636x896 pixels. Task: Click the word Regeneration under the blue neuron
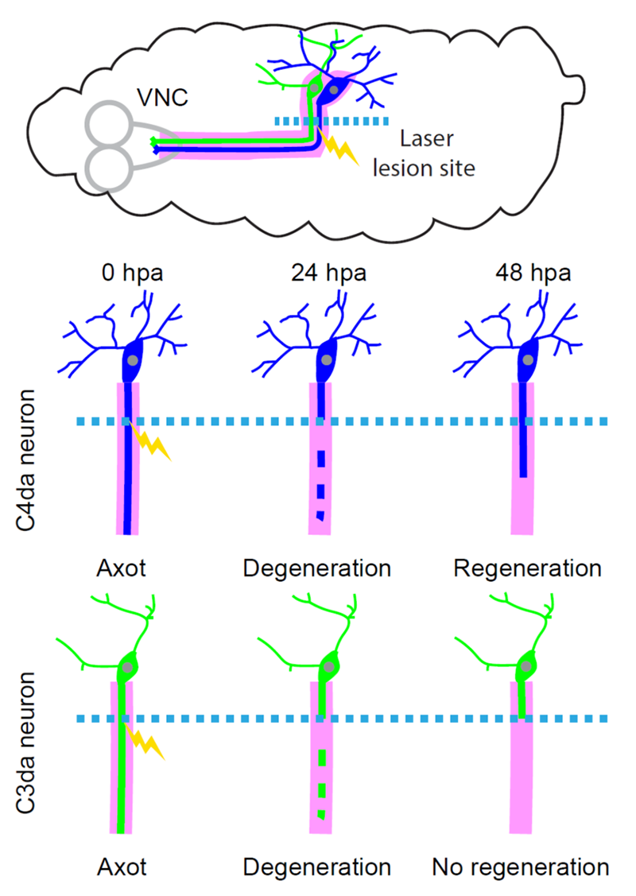coord(527,569)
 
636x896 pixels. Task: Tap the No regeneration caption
coord(521,867)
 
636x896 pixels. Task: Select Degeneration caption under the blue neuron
coord(317,569)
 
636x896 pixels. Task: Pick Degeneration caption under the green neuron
coord(317,867)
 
